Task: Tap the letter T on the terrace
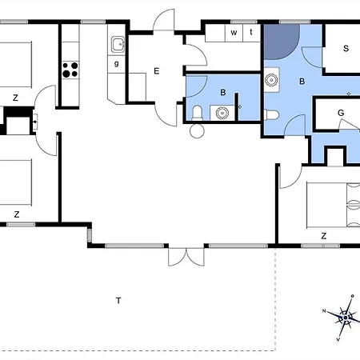coord(118,301)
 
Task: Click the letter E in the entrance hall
coord(157,71)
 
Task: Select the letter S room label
coord(346,49)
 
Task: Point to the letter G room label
coord(340,114)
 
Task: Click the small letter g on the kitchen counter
coord(117,63)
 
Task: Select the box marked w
coord(234,33)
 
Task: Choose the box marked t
coord(251,33)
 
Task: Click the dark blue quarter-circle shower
coord(281,42)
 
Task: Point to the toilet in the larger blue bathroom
coord(274,114)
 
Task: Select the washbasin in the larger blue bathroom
coord(273,79)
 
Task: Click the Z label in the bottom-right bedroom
coord(323,236)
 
